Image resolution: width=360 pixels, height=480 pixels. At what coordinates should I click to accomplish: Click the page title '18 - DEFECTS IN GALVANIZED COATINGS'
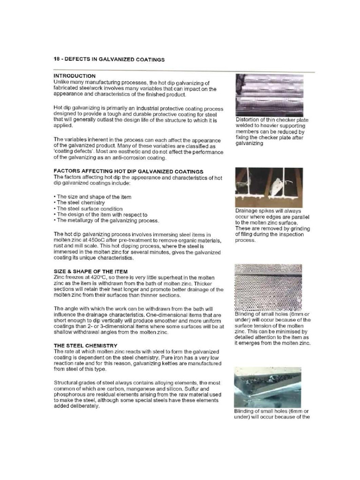(x=108, y=60)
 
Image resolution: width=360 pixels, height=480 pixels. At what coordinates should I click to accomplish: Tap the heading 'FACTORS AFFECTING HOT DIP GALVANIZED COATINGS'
(x=122, y=172)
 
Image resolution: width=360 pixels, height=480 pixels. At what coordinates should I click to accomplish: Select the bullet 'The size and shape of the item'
(x=93, y=196)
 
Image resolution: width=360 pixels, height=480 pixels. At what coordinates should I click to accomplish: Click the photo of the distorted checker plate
(x=269, y=95)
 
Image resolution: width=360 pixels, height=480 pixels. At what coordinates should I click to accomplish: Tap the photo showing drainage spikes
(x=269, y=187)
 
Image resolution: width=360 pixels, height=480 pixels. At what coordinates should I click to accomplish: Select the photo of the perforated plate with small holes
(x=269, y=286)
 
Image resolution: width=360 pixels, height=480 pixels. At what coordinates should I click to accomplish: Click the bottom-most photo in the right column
(x=269, y=387)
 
